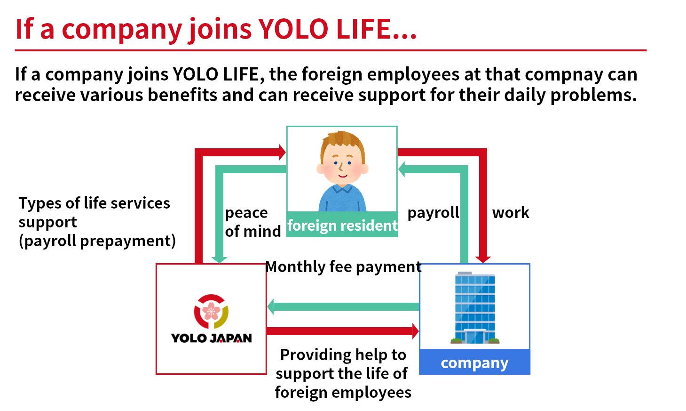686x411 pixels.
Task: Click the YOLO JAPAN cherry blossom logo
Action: [211, 311]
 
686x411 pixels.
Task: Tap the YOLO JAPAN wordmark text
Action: [211, 338]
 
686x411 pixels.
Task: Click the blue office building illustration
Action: [475, 307]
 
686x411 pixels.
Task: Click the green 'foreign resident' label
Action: [342, 226]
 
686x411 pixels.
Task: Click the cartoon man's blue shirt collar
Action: [342, 188]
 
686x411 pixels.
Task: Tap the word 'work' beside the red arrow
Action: [511, 212]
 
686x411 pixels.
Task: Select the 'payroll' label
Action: [433, 213]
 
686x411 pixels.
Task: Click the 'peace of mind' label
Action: [252, 222]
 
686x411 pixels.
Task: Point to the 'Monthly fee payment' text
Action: [343, 266]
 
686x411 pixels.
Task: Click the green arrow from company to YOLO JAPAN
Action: [343, 306]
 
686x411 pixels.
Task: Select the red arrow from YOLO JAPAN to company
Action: [343, 331]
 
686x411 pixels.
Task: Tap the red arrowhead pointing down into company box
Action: [483, 259]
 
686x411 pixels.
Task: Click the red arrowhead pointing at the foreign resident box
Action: [283, 153]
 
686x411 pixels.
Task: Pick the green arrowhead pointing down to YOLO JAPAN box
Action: [219, 260]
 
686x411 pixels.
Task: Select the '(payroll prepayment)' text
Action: [97, 241]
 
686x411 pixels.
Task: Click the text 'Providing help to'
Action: [343, 355]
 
